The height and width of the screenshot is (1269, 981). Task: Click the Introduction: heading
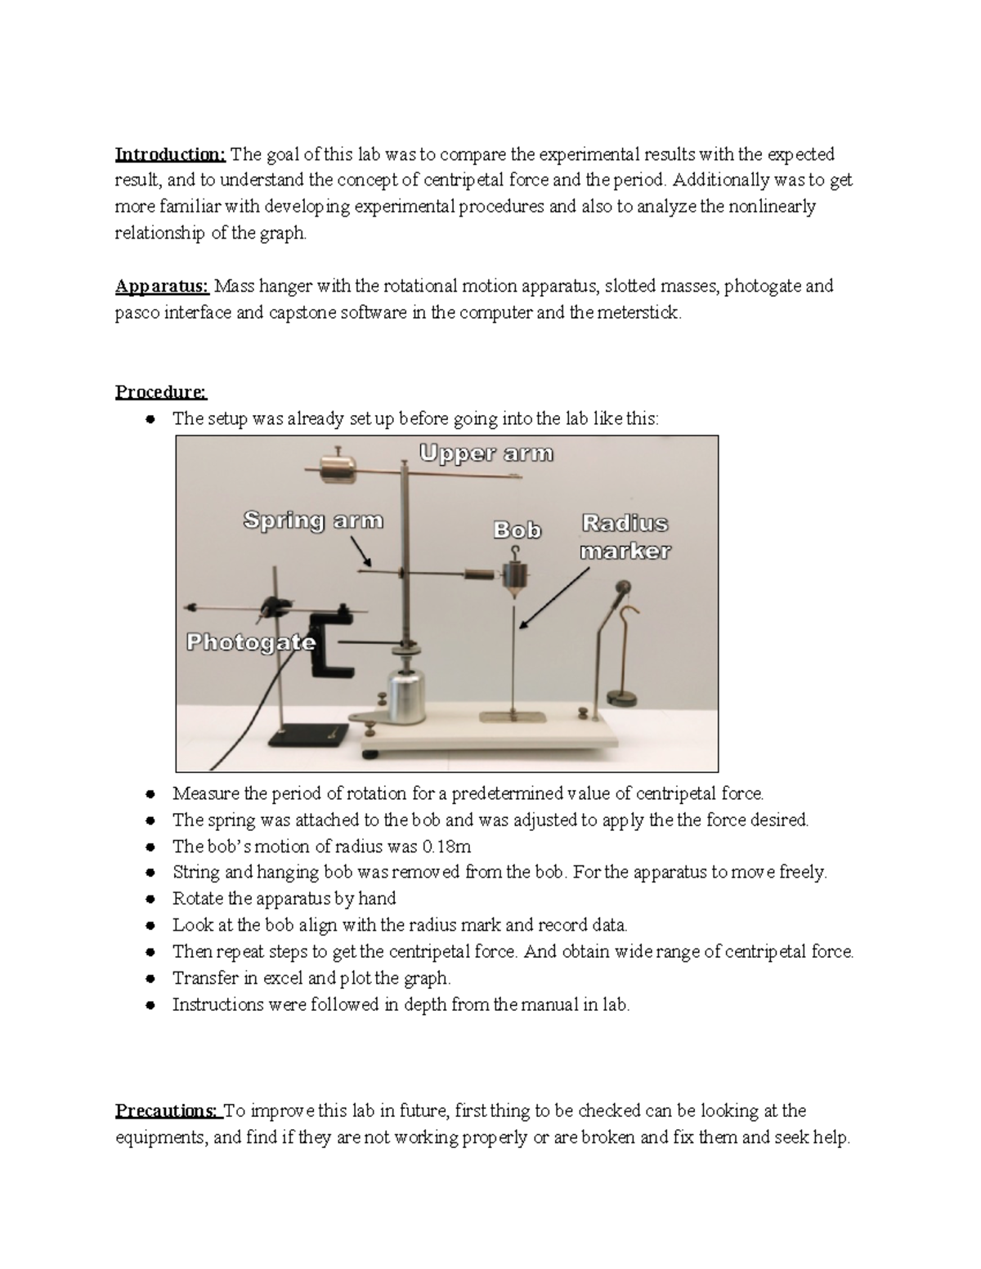pyautogui.click(x=170, y=154)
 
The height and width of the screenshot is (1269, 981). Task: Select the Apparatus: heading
pyautogui.click(x=163, y=286)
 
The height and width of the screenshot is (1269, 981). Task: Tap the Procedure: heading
pyautogui.click(x=161, y=392)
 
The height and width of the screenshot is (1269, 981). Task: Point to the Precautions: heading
pyautogui.click(x=168, y=1110)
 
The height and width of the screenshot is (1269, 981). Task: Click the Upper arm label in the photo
pyautogui.click(x=486, y=454)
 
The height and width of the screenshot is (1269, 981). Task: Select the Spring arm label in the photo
pyautogui.click(x=313, y=521)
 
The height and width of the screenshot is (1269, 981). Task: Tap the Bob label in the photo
pyautogui.click(x=517, y=530)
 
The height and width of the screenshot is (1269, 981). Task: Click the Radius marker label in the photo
pyautogui.click(x=625, y=537)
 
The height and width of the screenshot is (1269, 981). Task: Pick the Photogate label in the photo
pyautogui.click(x=251, y=643)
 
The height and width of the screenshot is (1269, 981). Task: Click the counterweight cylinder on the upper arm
pyautogui.click(x=338, y=468)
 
